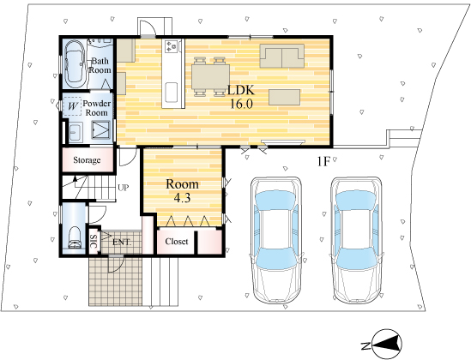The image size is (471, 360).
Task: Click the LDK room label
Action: pyautogui.click(x=241, y=89)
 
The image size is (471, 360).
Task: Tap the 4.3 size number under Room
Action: pyautogui.click(x=183, y=198)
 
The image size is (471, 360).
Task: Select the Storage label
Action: pyautogui.click(x=87, y=160)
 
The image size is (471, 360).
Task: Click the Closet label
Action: pyautogui.click(x=177, y=241)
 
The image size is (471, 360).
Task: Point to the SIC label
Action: pyautogui.click(x=94, y=241)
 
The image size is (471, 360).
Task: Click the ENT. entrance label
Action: pyautogui.click(x=122, y=242)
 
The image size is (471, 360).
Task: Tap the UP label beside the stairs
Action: pyautogui.click(x=124, y=188)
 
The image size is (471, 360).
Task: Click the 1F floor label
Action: pyautogui.click(x=323, y=162)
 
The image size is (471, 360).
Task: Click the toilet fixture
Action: pyautogui.click(x=75, y=237)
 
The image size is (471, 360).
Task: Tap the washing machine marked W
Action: pyautogui.click(x=72, y=106)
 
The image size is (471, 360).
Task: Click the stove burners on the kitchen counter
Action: pyautogui.click(x=172, y=46)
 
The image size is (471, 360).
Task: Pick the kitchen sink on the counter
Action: pyautogui.click(x=172, y=93)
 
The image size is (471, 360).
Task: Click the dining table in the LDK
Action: pyautogui.click(x=210, y=76)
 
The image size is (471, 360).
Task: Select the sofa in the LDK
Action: pyautogui.click(x=281, y=56)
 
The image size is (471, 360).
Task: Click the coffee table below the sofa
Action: pyautogui.click(x=285, y=97)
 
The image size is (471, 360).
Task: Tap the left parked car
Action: pyautogui.click(x=276, y=240)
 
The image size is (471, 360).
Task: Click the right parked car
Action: pyautogui.click(x=356, y=240)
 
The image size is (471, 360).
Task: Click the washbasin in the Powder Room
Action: pyautogui.click(x=75, y=132)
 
